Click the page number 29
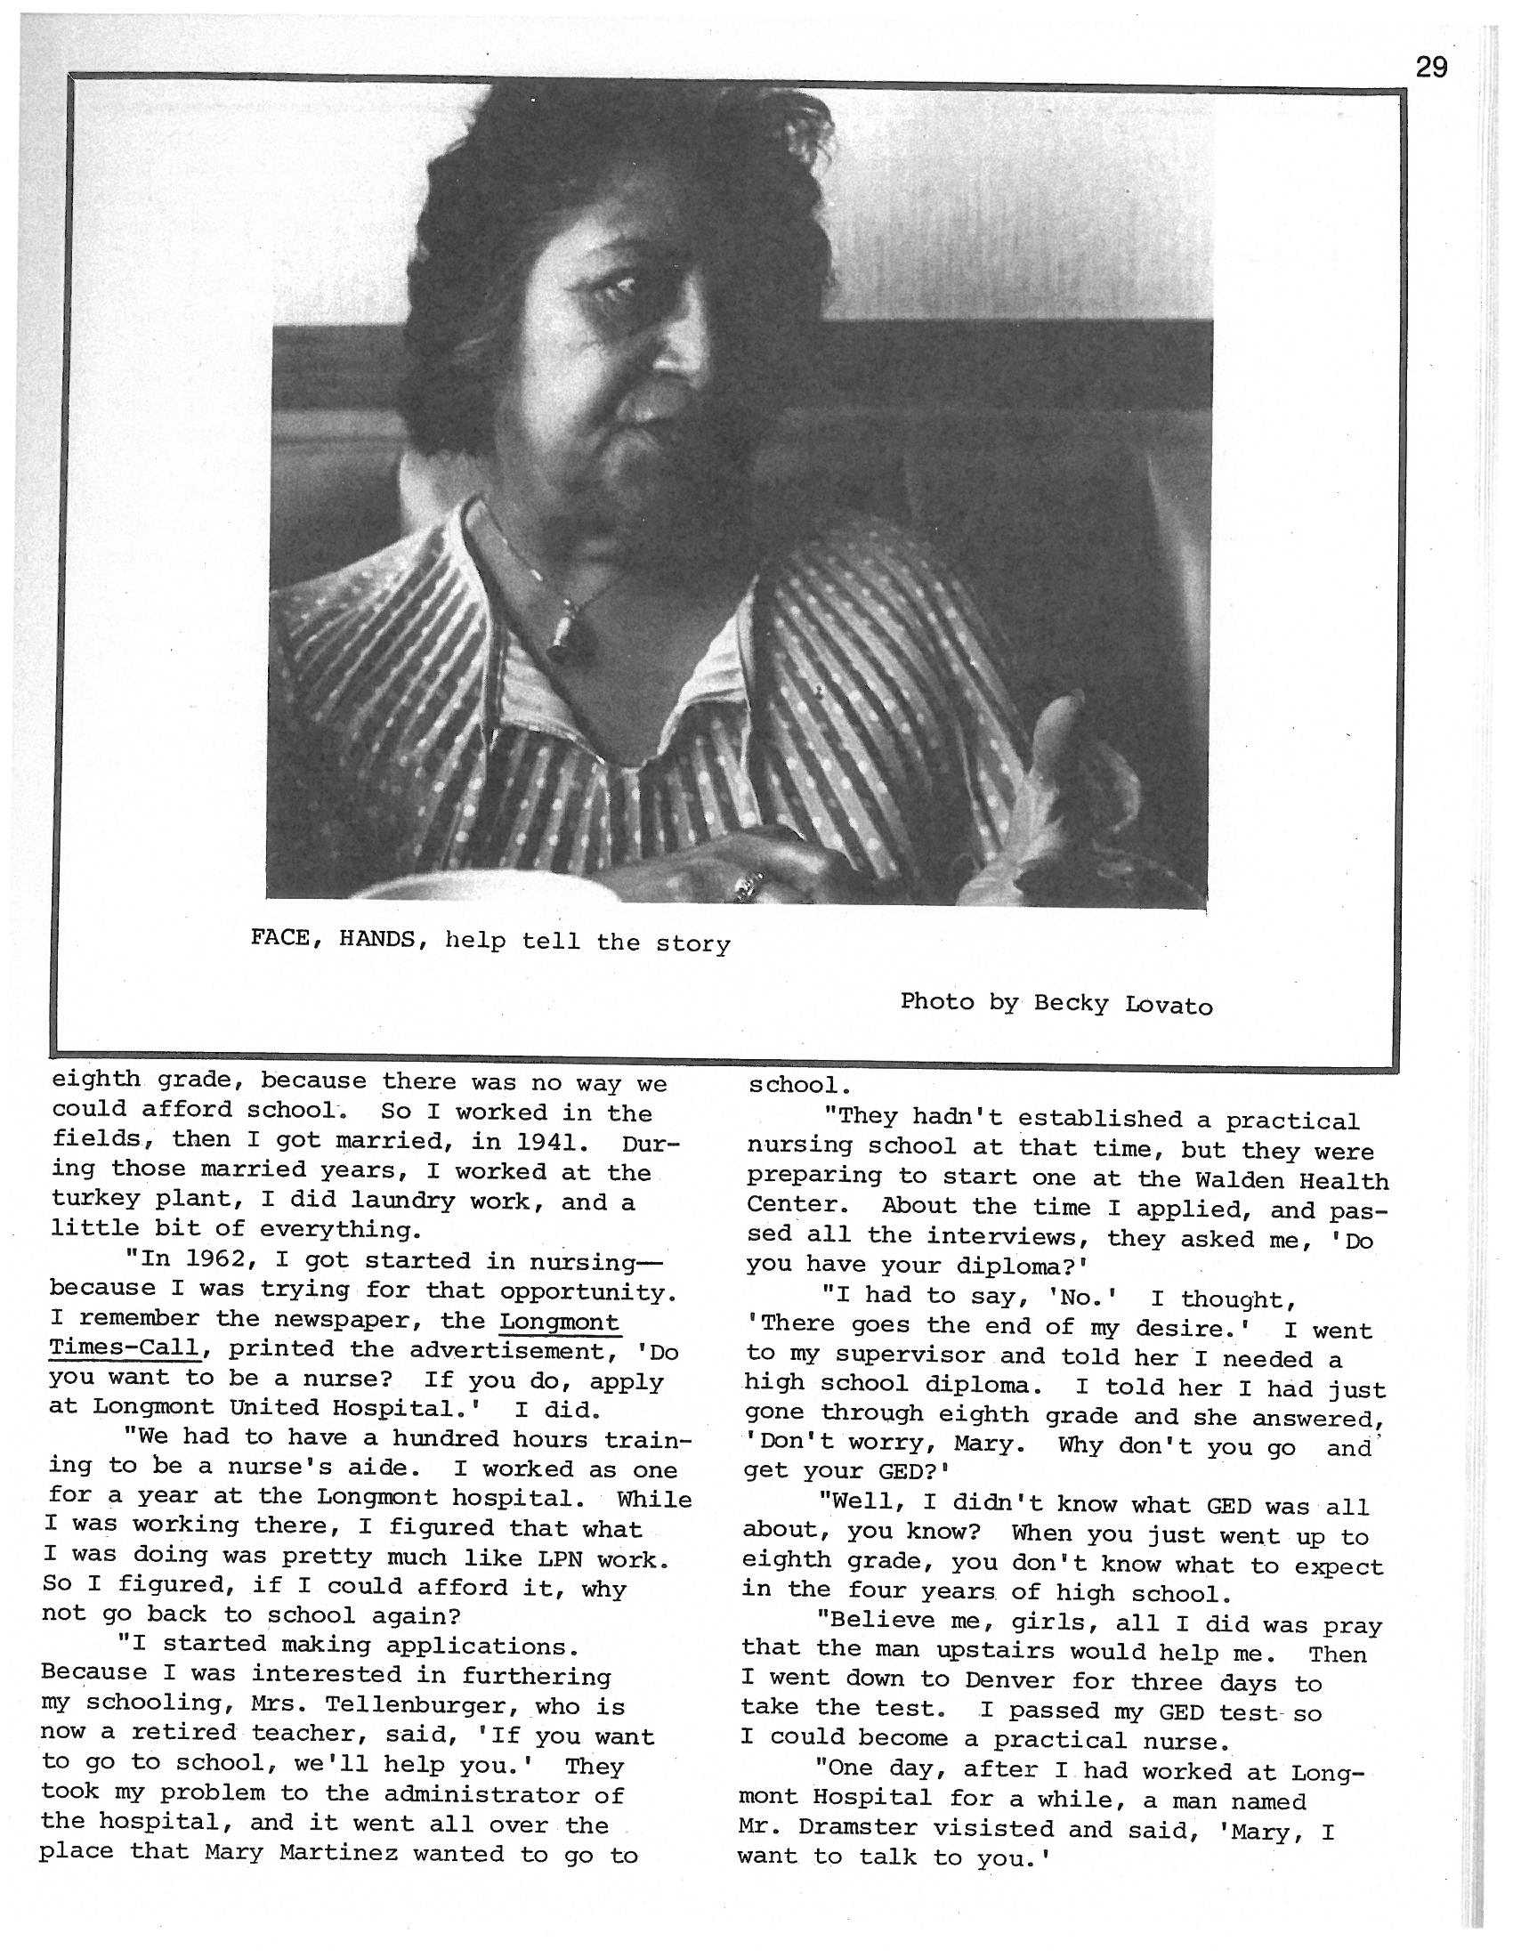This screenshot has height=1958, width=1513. [x=1431, y=68]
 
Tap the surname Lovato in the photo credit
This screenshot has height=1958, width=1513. [x=1169, y=1005]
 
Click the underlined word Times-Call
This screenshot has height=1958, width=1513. [x=124, y=1348]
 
